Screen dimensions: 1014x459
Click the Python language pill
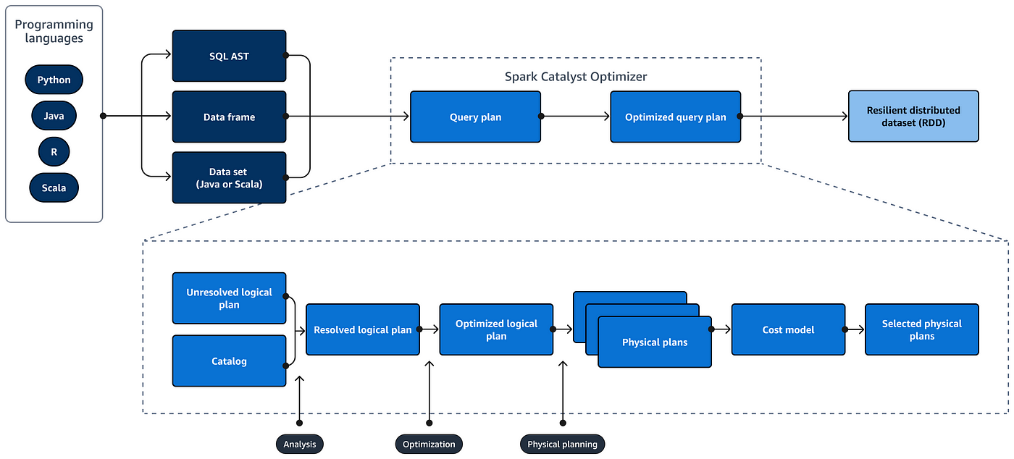click(x=54, y=80)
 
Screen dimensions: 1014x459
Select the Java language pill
click(x=54, y=116)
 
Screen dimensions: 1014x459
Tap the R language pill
click(x=54, y=151)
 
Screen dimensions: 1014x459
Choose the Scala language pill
click(x=54, y=188)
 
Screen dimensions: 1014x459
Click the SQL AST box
click(x=229, y=56)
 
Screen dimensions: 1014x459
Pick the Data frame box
click(x=229, y=117)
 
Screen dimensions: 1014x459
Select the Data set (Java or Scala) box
click(x=229, y=178)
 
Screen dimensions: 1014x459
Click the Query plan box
click(x=475, y=117)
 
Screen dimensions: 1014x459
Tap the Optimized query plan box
click(x=675, y=117)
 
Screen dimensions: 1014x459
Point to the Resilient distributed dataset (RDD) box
click(x=913, y=117)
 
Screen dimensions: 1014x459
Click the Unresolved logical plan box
click(x=229, y=298)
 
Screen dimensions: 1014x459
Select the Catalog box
click(x=229, y=361)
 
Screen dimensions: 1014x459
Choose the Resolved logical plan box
click(x=363, y=329)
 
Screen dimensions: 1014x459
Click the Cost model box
click(x=788, y=329)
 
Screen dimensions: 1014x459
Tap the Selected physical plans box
click(x=921, y=329)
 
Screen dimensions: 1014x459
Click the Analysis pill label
click(x=300, y=444)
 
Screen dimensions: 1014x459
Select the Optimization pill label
click(x=429, y=444)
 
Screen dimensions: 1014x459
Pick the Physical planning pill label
click(x=562, y=444)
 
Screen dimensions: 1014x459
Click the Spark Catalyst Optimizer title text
click(x=576, y=77)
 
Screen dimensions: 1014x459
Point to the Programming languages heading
click(x=54, y=31)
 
